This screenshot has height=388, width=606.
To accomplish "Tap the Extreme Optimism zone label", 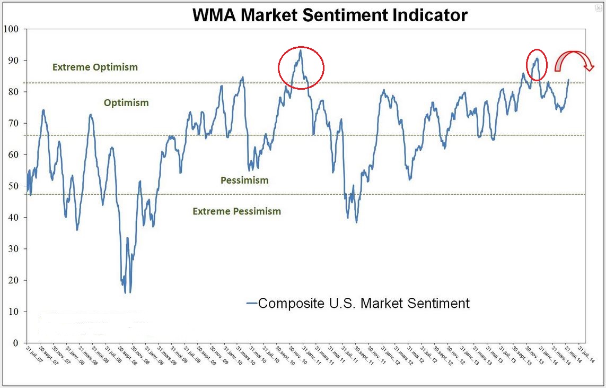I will tap(95, 67).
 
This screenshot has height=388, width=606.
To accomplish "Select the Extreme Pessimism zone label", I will tap(236, 211).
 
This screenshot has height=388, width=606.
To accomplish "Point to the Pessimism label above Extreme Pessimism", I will tap(244, 180).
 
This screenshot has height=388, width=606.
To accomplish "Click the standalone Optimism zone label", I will tap(126, 102).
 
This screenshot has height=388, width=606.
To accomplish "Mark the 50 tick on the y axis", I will tap(13, 186).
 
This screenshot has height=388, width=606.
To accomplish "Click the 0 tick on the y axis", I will tap(15, 343).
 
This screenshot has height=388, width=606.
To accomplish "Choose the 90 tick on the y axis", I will tap(13, 61).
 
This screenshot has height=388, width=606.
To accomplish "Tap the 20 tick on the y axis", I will tap(13, 281).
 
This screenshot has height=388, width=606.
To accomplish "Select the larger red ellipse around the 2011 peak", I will tap(301, 67).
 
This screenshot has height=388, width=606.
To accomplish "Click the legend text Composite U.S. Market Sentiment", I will tap(364, 303).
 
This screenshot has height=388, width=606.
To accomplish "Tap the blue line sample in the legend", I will tap(252, 303).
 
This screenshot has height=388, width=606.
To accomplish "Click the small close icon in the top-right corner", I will tap(599, 8).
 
